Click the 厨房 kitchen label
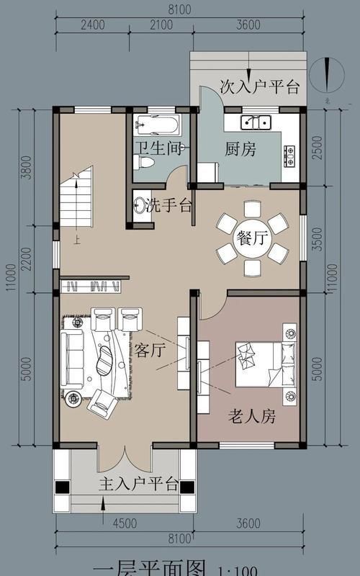[240, 150]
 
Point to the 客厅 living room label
[150, 351]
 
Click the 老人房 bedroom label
[252, 416]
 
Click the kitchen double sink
[256, 120]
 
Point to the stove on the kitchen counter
[289, 153]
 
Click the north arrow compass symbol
[328, 76]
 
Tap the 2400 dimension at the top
[92, 24]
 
